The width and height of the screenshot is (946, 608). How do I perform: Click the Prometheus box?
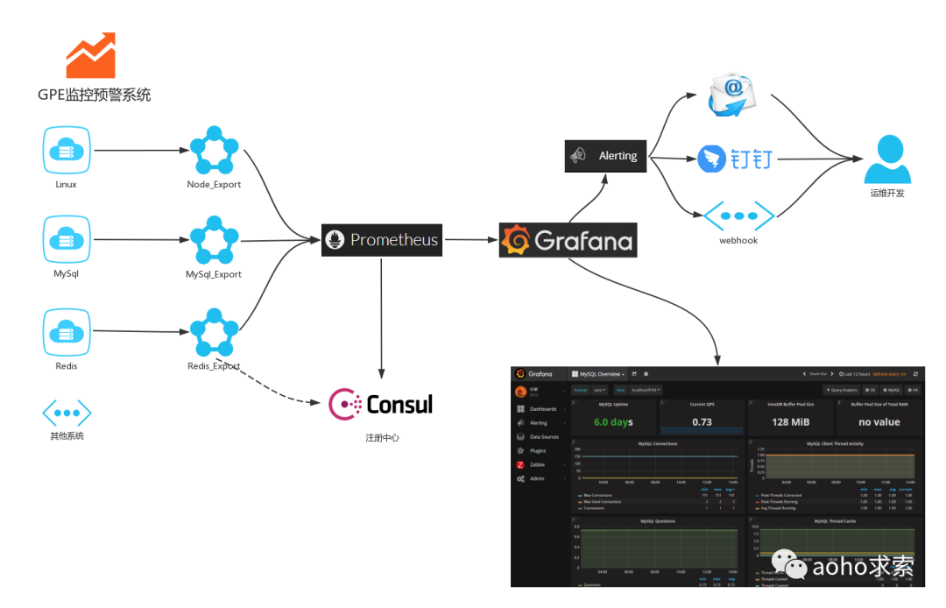tap(382, 239)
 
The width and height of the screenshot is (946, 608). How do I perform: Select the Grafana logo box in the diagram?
tap(568, 240)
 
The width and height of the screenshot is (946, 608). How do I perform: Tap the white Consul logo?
tap(381, 403)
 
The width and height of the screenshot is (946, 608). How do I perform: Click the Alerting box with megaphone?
tap(605, 155)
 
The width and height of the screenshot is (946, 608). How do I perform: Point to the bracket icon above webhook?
tap(738, 216)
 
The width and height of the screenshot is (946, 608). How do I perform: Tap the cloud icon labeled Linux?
tap(67, 150)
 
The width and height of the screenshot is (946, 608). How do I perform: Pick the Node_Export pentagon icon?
tap(214, 151)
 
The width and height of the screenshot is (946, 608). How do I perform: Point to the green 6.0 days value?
tap(613, 421)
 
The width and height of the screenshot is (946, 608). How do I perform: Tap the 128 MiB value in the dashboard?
tap(790, 421)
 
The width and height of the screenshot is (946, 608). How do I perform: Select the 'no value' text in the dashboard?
tap(879, 421)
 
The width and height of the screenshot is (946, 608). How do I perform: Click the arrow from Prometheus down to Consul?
tap(381, 315)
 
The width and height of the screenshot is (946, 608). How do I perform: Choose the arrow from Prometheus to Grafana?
tap(470, 239)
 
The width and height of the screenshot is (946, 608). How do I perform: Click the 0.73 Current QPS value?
tap(702, 421)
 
